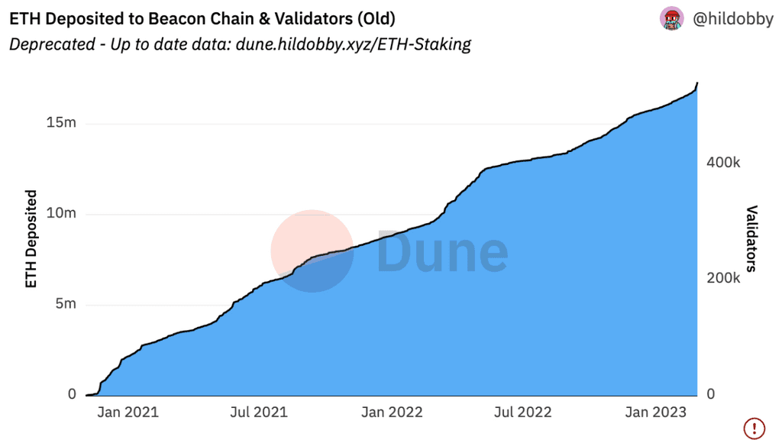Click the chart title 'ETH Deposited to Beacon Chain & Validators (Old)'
point(202,18)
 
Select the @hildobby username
point(732,19)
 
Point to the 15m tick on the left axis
point(61,123)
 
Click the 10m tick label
point(61,213)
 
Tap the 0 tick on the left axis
point(72,394)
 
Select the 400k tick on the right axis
point(723,163)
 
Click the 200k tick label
point(723,278)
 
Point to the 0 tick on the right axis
point(711,394)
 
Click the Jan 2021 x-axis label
point(128,412)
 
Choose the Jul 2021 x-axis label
point(260,412)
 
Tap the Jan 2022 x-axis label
point(392,412)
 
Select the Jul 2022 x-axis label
point(523,412)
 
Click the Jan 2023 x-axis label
point(656,412)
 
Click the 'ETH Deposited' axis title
point(31,239)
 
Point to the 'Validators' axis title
point(751,238)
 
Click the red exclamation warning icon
point(755,428)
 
